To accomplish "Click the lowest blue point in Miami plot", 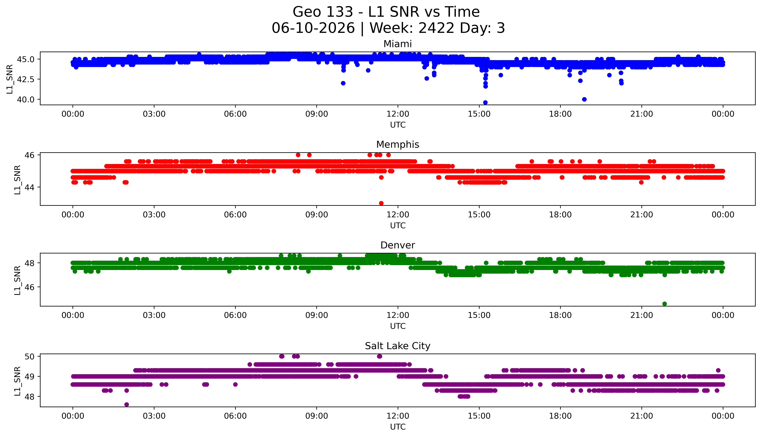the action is coord(485,103).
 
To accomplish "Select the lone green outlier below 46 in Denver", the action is coord(665,304).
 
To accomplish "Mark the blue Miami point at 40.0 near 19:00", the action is coord(584,99).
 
